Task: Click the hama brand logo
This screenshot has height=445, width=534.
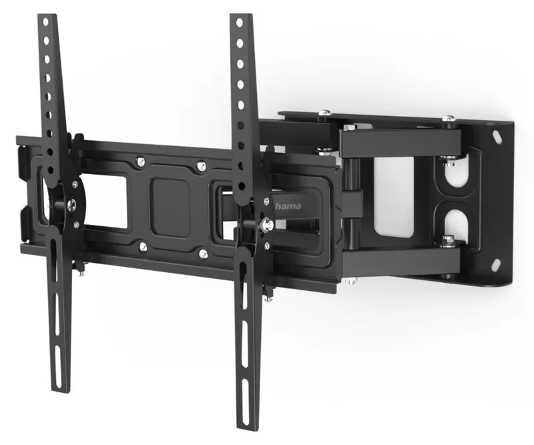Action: click(x=288, y=205)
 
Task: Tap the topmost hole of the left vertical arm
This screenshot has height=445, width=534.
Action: click(x=45, y=22)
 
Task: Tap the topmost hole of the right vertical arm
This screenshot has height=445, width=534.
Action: click(x=239, y=23)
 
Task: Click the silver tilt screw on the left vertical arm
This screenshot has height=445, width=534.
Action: click(x=71, y=204)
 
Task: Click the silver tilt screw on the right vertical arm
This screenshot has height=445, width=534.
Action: click(x=266, y=224)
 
